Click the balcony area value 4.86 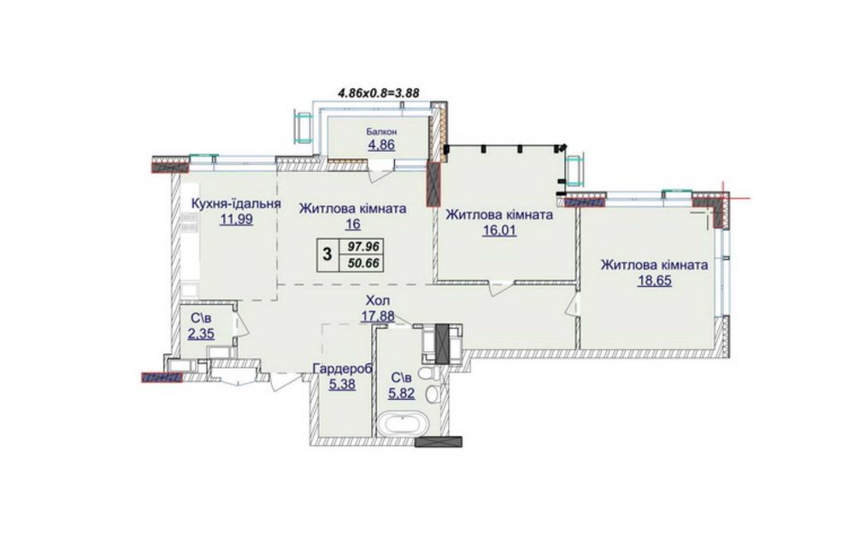[x=381, y=145]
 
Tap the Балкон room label [x=381, y=132]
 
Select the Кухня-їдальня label [x=236, y=204]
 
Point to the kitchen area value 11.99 [x=236, y=220]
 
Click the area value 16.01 [x=499, y=231]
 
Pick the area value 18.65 [x=654, y=280]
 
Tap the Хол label [x=378, y=300]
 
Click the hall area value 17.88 [x=378, y=316]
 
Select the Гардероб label [x=343, y=369]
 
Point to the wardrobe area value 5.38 [x=343, y=384]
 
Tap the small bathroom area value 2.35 [x=201, y=333]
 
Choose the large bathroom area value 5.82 [x=401, y=393]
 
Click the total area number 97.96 [x=360, y=247]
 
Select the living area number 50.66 [x=360, y=264]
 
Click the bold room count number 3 [x=327, y=254]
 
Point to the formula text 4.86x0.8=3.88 [x=379, y=92]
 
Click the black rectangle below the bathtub [x=439, y=442]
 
